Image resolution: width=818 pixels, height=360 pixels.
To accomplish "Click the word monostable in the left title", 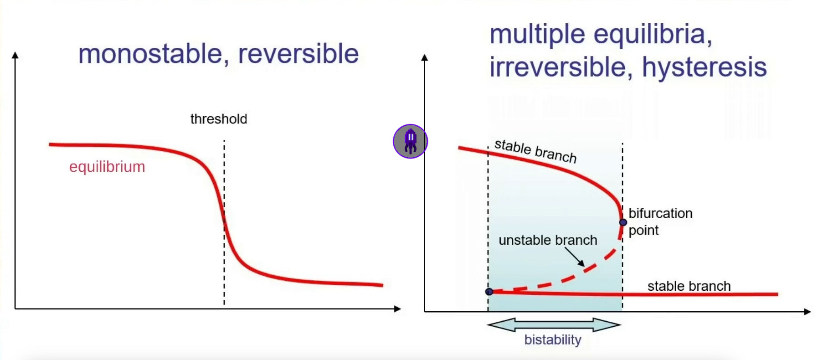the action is click(150, 54).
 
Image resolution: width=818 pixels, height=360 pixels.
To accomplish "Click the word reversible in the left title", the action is click(298, 53).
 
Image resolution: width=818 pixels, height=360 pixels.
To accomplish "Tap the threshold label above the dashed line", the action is click(219, 119).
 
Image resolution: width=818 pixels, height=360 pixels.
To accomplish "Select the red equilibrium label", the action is click(107, 167).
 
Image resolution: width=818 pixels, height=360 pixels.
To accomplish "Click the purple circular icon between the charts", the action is click(410, 141).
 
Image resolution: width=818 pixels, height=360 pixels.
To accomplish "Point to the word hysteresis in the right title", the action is click(705, 67).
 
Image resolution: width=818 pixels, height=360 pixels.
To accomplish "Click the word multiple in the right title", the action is click(537, 35).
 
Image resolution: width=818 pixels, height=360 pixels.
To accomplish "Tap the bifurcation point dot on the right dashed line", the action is click(623, 222).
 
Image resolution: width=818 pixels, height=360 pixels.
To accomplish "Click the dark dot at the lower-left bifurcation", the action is click(489, 292).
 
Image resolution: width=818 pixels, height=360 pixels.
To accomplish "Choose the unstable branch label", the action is click(548, 240).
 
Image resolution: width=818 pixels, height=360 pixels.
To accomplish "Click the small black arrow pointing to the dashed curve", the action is click(575, 257).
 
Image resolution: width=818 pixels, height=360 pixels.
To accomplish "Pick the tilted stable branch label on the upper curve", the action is click(536, 151).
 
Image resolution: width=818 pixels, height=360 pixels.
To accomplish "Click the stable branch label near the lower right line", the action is click(689, 286).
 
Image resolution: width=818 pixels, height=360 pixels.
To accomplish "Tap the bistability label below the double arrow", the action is click(553, 340).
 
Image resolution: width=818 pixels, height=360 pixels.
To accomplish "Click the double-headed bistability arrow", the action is click(554, 325).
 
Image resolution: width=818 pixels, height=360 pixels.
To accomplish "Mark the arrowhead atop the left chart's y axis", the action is click(15, 55).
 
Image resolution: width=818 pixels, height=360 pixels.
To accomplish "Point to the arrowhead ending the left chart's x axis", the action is click(397, 309).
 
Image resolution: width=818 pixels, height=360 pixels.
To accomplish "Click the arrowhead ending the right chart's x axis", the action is click(808, 312).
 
